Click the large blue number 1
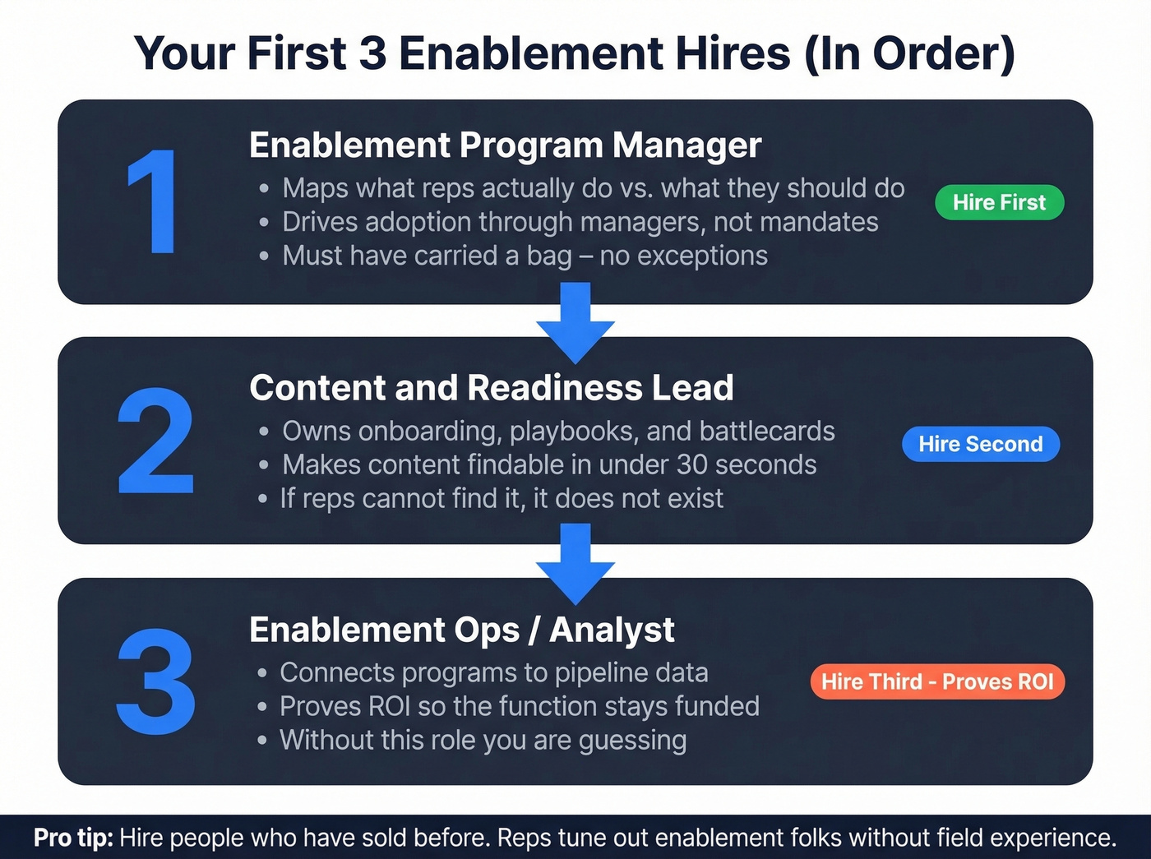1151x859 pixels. pyautogui.click(x=154, y=202)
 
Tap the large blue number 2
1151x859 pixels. pyautogui.click(x=155, y=441)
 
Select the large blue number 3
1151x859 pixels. pyautogui.click(x=155, y=681)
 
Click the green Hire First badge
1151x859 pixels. pyautogui.click(x=999, y=202)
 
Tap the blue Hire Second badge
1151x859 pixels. pyautogui.click(x=980, y=444)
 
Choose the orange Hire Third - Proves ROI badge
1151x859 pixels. pyautogui.click(x=937, y=681)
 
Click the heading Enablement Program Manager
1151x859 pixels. pyautogui.click(x=505, y=145)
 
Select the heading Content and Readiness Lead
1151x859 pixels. pyautogui.click(x=491, y=388)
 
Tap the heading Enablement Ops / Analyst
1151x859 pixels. pyautogui.click(x=461, y=630)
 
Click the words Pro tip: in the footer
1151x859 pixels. pyautogui.click(x=73, y=838)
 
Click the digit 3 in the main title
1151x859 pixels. pyautogui.click(x=372, y=54)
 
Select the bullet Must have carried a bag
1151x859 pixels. pyautogui.click(x=525, y=256)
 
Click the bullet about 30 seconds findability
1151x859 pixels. pyautogui.click(x=549, y=464)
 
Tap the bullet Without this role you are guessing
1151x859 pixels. pyautogui.click(x=483, y=740)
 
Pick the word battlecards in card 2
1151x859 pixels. pyautogui.click(x=767, y=431)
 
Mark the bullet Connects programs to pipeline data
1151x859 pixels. pyautogui.click(x=493, y=672)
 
